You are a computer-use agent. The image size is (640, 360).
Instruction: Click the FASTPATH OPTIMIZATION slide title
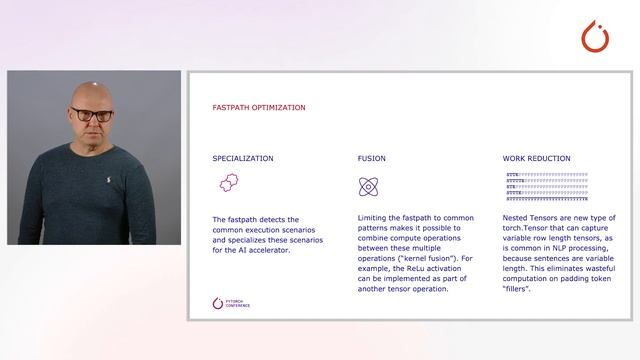(x=259, y=107)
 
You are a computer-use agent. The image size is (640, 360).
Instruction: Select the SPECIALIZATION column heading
(x=243, y=158)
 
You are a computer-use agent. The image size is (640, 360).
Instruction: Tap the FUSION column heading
(x=372, y=158)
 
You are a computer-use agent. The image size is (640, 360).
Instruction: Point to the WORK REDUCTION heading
(x=538, y=158)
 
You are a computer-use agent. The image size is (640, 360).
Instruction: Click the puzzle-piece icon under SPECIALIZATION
(x=227, y=183)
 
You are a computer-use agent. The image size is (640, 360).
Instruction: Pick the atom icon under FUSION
(x=368, y=186)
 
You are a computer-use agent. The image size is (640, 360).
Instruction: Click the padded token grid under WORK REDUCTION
(x=547, y=187)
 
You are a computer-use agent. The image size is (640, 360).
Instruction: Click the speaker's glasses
(x=93, y=115)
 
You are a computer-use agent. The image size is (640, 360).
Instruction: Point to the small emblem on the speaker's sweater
(x=109, y=181)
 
